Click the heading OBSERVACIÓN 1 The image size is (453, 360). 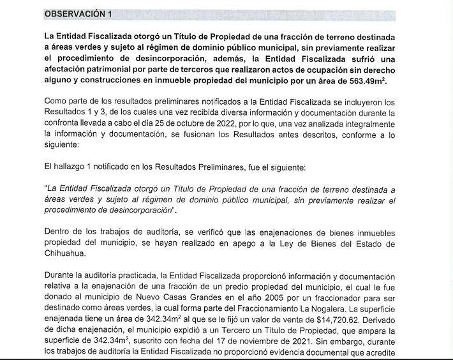[80, 14]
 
